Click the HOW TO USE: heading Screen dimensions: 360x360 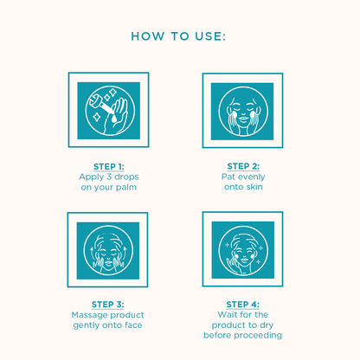pyautogui.click(x=178, y=36)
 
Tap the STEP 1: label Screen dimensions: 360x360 pyautogui.click(x=109, y=167)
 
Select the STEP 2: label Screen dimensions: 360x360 pyautogui.click(x=243, y=166)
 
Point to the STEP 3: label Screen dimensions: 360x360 pyautogui.click(x=107, y=305)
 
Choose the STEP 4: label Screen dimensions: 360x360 pyautogui.click(x=242, y=305)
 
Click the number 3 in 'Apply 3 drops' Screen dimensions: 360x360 pyautogui.click(x=109, y=177)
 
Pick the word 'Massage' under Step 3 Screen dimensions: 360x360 pyautogui.click(x=89, y=315)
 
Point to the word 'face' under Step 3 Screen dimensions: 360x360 pyautogui.click(x=133, y=325)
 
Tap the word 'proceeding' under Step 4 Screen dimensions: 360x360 pyautogui.click(x=258, y=336)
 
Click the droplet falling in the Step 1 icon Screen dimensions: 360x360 pyautogui.click(x=114, y=119)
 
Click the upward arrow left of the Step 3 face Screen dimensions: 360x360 pyautogui.click(x=93, y=253)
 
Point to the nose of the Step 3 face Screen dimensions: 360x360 pyautogui.click(x=108, y=257)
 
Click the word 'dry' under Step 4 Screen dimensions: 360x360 pyautogui.click(x=267, y=325)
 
